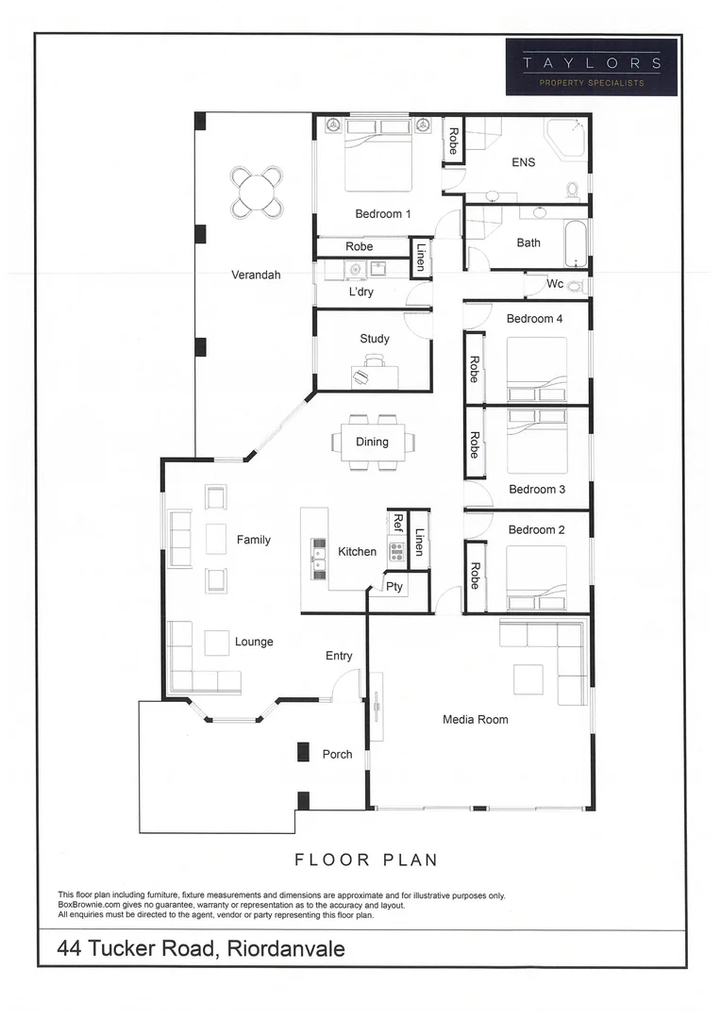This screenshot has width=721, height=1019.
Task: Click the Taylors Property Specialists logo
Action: (x=591, y=67)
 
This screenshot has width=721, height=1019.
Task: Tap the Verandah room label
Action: (x=256, y=276)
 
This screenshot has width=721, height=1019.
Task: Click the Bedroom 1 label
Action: (x=382, y=214)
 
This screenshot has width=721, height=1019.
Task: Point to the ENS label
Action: (x=523, y=162)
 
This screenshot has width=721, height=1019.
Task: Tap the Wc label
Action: (x=555, y=284)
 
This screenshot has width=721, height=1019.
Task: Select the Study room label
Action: (x=374, y=339)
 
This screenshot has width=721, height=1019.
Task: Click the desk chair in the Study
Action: (x=375, y=360)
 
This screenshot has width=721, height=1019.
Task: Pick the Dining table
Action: (x=373, y=442)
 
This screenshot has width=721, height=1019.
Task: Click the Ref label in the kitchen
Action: (x=397, y=524)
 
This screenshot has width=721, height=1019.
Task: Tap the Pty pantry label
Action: (x=394, y=586)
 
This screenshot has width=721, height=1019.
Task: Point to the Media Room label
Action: (x=476, y=720)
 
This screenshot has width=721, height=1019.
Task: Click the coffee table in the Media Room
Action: (x=528, y=679)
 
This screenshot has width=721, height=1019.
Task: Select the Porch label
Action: (x=337, y=754)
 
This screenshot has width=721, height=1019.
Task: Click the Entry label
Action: (x=339, y=656)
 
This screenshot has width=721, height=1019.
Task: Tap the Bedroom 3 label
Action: (x=537, y=489)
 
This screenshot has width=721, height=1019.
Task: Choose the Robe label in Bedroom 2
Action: (x=475, y=576)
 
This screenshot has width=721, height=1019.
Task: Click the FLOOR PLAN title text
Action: (x=366, y=860)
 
